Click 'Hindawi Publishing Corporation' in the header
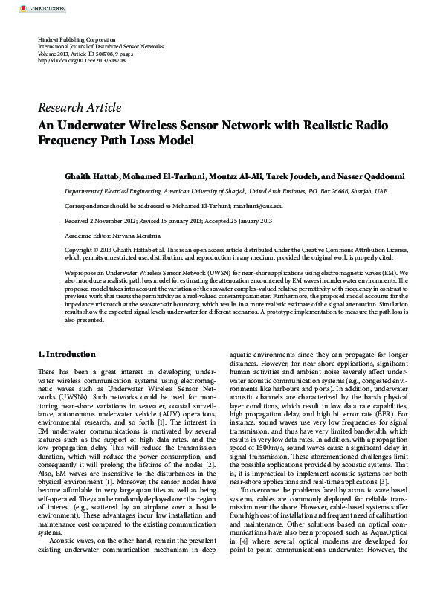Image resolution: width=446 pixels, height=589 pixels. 77,38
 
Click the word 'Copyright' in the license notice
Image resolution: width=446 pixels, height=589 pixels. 81,250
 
